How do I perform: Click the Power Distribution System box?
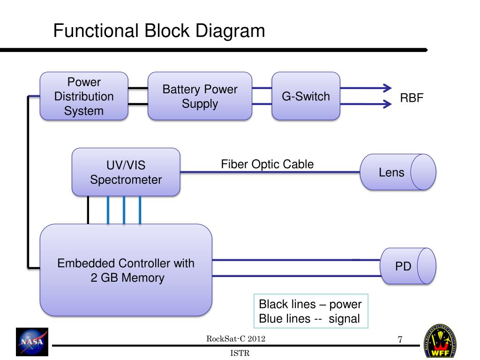click(x=84, y=96)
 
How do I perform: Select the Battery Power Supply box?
click(x=200, y=96)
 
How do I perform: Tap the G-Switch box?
click(x=306, y=96)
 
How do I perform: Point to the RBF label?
click(x=412, y=98)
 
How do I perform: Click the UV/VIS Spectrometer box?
click(x=126, y=172)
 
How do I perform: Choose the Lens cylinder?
click(x=398, y=172)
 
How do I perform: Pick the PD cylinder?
click(x=408, y=266)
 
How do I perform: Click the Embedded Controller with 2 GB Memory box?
click(x=126, y=270)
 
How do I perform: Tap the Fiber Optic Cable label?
click(x=267, y=165)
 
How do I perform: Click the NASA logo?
click(x=32, y=342)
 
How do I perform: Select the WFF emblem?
click(x=440, y=342)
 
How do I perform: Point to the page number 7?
click(x=400, y=339)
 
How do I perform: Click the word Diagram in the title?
click(x=230, y=31)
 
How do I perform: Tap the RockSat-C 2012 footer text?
click(x=236, y=338)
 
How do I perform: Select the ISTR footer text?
click(x=240, y=353)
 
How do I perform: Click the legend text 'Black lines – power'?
click(x=310, y=304)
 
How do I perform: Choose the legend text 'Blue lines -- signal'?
click(x=309, y=319)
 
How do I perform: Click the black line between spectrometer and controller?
click(x=88, y=210)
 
